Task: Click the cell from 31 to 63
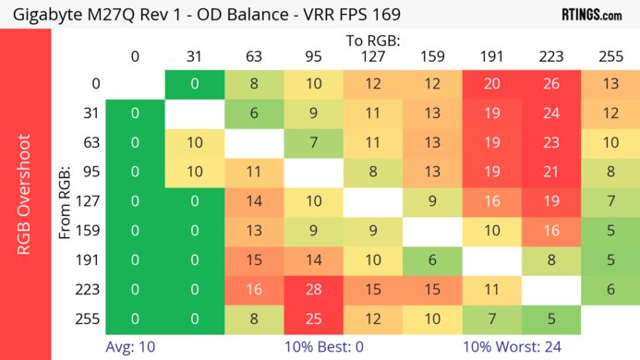tap(254, 114)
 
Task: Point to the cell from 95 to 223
tap(551, 173)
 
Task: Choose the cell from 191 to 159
tap(432, 260)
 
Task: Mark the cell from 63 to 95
tap(313, 143)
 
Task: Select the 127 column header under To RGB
tap(372, 57)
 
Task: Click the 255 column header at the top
tap(610, 57)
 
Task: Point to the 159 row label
tap(89, 232)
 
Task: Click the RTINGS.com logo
tap(597, 14)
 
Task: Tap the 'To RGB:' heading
tap(372, 42)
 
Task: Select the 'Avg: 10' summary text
tap(130, 347)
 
